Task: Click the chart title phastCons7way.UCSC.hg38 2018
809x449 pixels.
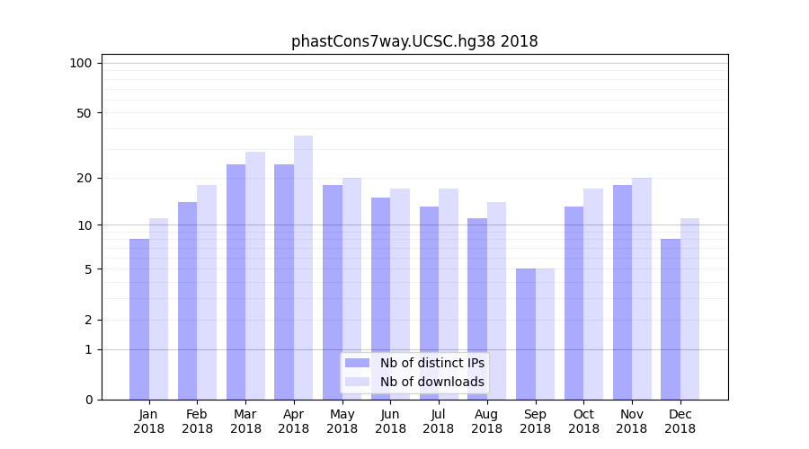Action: [x=414, y=41]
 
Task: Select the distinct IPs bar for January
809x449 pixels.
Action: [x=139, y=319]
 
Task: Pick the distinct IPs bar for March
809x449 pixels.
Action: [x=236, y=282]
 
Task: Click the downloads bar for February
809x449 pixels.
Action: [x=207, y=292]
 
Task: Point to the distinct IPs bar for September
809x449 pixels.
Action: [x=526, y=334]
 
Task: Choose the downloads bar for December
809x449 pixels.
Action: [x=689, y=309]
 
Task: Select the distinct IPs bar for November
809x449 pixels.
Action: [x=622, y=292]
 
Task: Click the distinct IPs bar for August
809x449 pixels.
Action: [x=477, y=309]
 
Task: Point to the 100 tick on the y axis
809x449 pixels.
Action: [x=81, y=63]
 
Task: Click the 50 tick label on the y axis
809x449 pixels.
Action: [x=84, y=113]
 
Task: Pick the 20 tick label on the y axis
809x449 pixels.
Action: [x=84, y=178]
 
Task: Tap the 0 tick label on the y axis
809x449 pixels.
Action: [x=88, y=400]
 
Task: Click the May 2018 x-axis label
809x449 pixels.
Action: [x=342, y=421]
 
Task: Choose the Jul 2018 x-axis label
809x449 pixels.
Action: [x=439, y=421]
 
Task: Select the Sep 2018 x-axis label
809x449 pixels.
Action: [x=535, y=421]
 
